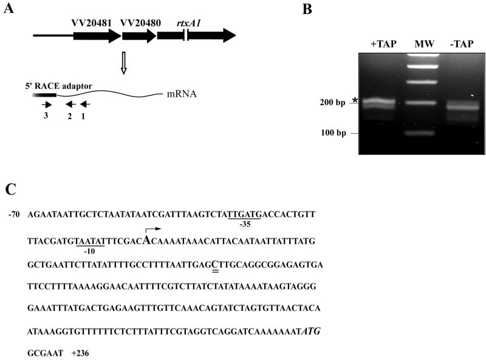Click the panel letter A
[x=9, y=10]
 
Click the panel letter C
[x=10, y=189]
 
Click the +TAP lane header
[x=383, y=44]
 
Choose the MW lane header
[x=421, y=44]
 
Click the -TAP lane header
[x=460, y=44]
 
